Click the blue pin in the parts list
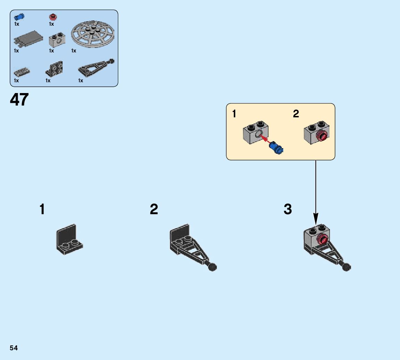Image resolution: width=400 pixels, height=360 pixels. click(19, 17)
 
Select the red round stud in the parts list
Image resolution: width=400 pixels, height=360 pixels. click(53, 17)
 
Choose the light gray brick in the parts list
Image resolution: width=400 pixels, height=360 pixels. click(57, 40)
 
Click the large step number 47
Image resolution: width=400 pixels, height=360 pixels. click(19, 100)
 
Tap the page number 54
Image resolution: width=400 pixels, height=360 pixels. click(14, 348)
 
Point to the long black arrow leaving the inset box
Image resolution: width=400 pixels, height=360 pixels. click(316, 191)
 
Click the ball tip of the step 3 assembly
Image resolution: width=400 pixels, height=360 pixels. click(346, 267)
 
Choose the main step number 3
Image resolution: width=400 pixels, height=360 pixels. click(288, 210)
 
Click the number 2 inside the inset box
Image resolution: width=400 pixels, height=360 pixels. click(296, 114)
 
